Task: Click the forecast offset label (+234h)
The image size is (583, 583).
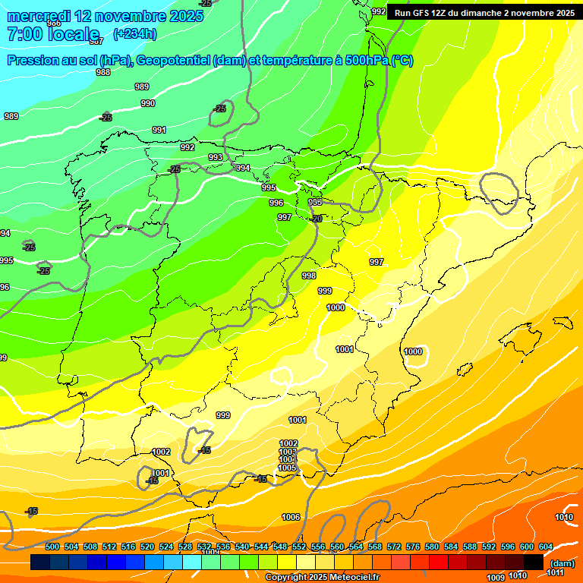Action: (135, 33)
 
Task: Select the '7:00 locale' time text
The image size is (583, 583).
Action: (53, 34)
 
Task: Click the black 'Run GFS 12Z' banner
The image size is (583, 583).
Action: (484, 12)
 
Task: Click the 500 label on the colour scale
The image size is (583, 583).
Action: (52, 547)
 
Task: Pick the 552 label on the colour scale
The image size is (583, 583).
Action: (299, 547)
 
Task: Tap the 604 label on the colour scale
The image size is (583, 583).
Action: (546, 547)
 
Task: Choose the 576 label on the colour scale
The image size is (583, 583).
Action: (413, 547)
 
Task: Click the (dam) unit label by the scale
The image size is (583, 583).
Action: (563, 563)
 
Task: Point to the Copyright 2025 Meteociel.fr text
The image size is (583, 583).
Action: (322, 578)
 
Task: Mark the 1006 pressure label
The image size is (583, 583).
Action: (291, 517)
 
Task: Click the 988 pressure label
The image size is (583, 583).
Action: (103, 72)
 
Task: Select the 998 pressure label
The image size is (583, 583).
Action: (309, 276)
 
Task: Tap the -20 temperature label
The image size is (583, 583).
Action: (316, 219)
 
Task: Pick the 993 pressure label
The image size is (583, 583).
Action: (216, 157)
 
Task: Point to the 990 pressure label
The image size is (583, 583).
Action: (148, 103)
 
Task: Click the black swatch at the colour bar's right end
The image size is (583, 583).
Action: (534, 562)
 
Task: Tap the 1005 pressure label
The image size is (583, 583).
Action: (287, 468)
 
